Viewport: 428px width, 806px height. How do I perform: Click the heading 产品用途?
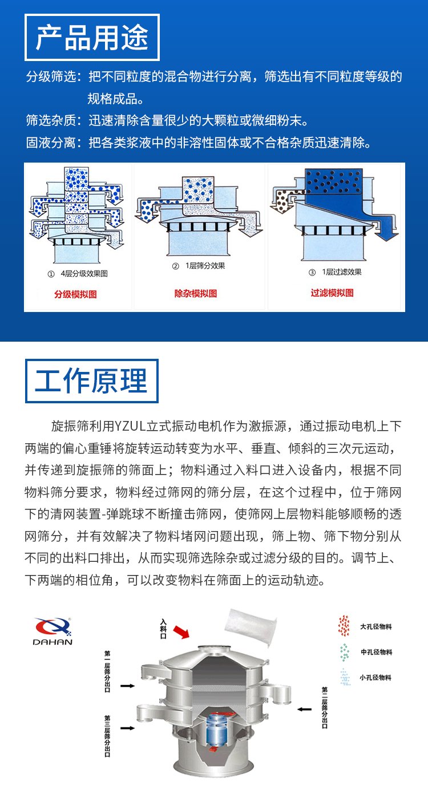click(x=92, y=38)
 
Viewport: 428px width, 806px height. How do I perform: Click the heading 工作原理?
click(x=91, y=380)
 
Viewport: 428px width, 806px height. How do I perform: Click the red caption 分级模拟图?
click(x=75, y=294)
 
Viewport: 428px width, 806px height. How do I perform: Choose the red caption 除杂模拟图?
click(x=196, y=294)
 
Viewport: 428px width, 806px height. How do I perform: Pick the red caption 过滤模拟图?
click(x=332, y=293)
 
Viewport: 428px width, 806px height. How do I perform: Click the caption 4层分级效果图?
click(x=84, y=274)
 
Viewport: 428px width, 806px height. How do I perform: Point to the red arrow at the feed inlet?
click(x=181, y=631)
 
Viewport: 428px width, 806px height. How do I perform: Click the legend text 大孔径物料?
click(x=375, y=626)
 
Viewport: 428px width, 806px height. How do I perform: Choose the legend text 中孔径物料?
click(x=375, y=652)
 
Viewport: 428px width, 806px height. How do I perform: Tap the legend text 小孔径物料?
click(x=375, y=678)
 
